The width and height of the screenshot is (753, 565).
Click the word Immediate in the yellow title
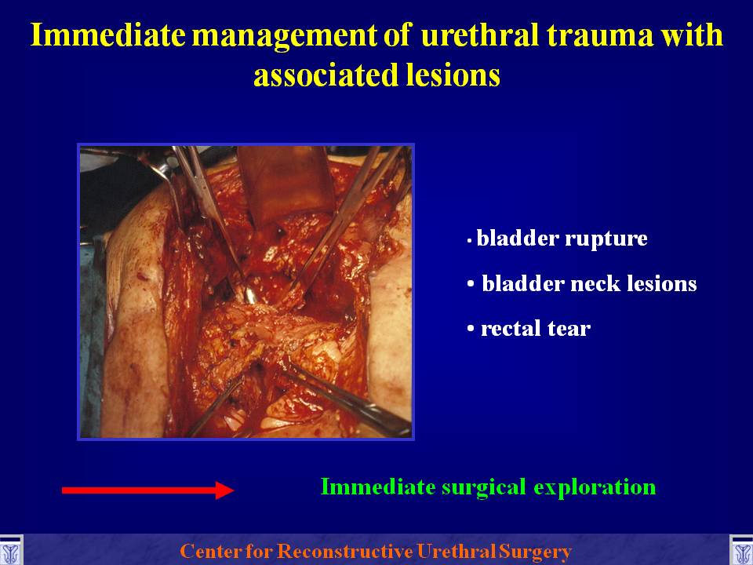pyautogui.click(x=108, y=35)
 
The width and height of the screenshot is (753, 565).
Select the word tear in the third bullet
pyautogui.click(x=569, y=329)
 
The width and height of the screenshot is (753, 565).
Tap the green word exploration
pyautogui.click(x=595, y=487)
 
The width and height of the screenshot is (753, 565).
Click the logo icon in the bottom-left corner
pyautogui.click(x=10, y=550)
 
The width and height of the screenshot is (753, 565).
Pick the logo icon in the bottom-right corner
pyautogui.click(x=741, y=550)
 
